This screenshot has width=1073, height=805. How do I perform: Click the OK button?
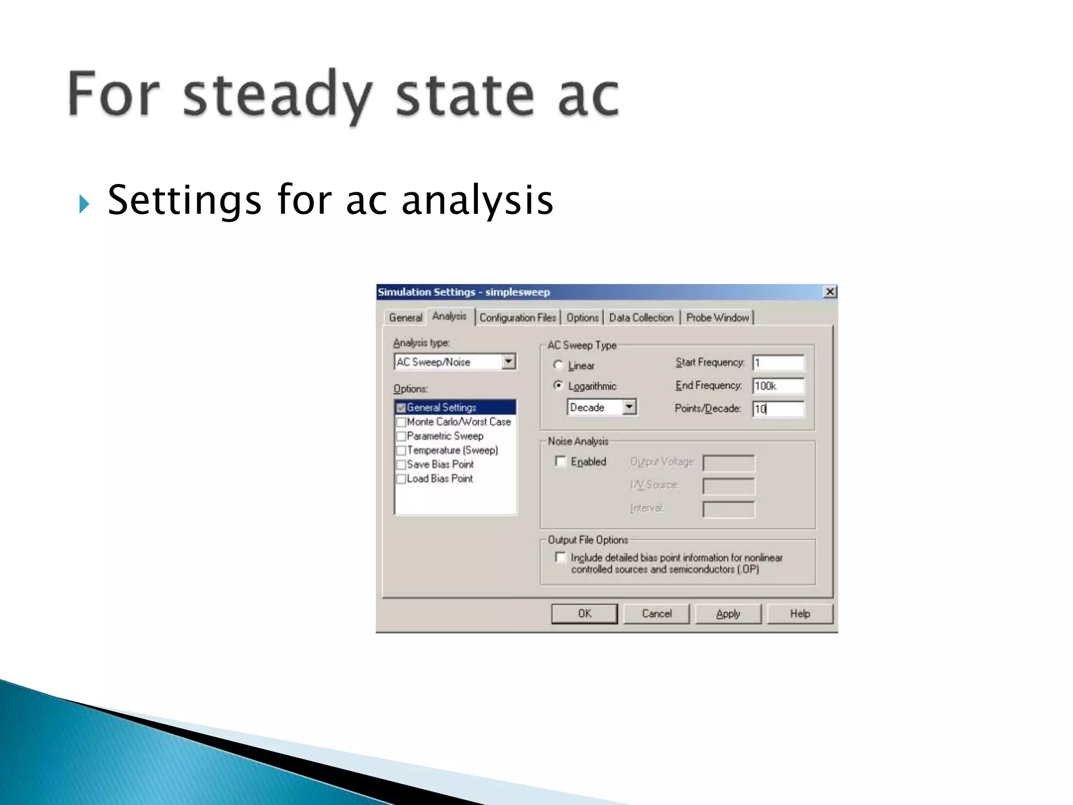[x=584, y=614]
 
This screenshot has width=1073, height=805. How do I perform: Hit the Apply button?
[x=728, y=614]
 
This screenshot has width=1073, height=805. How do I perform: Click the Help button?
[x=800, y=614]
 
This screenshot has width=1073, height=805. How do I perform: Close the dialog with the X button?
[x=830, y=292]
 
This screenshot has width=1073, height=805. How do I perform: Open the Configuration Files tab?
[x=518, y=318]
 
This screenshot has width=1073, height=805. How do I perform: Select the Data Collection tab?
[x=641, y=318]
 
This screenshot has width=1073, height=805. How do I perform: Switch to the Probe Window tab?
[x=717, y=318]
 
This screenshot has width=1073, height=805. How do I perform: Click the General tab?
[x=406, y=318]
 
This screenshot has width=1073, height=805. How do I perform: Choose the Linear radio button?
[x=559, y=365]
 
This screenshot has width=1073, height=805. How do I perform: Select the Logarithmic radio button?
[x=559, y=386]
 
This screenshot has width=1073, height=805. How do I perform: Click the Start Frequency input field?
[x=778, y=363]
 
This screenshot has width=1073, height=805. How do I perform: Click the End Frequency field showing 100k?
[x=778, y=386]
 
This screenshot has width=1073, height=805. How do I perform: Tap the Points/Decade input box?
[x=778, y=409]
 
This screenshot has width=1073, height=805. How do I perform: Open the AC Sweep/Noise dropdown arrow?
[x=508, y=362]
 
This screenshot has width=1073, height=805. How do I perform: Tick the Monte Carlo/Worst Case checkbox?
[x=401, y=422]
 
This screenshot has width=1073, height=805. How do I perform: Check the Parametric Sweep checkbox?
[x=401, y=436]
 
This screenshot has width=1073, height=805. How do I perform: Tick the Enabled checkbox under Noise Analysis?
[x=561, y=461]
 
